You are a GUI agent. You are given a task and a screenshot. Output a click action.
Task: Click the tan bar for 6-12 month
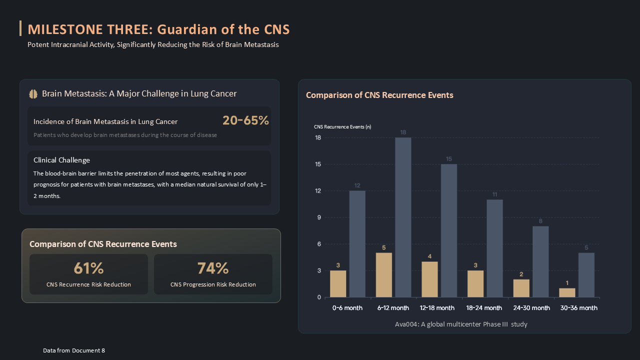(383, 275)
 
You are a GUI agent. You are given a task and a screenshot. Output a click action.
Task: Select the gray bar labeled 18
(403, 217)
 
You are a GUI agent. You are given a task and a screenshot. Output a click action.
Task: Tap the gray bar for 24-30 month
(540, 261)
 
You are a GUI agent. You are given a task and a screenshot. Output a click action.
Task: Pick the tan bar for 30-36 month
(567, 292)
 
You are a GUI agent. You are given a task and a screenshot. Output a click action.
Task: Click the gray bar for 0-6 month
(357, 244)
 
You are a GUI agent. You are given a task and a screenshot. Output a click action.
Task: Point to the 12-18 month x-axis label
(437, 308)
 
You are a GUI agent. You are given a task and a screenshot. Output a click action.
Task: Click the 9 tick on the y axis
(319, 217)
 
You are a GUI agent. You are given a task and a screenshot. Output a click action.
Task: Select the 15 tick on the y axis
(318, 164)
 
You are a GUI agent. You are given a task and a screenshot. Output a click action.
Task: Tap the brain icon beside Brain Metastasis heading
(33, 94)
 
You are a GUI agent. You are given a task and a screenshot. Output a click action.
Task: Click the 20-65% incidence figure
(245, 120)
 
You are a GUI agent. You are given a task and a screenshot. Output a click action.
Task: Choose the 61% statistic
(88, 268)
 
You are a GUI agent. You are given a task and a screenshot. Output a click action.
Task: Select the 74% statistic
(213, 268)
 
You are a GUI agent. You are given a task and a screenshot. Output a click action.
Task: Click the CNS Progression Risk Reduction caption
(213, 284)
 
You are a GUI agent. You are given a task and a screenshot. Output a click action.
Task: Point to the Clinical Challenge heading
(61, 160)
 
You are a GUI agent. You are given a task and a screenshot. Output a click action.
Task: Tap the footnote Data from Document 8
(74, 350)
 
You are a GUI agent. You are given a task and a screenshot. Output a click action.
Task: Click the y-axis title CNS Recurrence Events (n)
(342, 127)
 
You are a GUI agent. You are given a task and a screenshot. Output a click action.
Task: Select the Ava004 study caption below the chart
(461, 324)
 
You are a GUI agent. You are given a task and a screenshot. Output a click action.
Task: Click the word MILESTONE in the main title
(65, 29)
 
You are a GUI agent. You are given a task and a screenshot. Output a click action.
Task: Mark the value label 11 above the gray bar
(495, 194)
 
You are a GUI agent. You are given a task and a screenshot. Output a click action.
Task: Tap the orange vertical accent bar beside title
(20, 28)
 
